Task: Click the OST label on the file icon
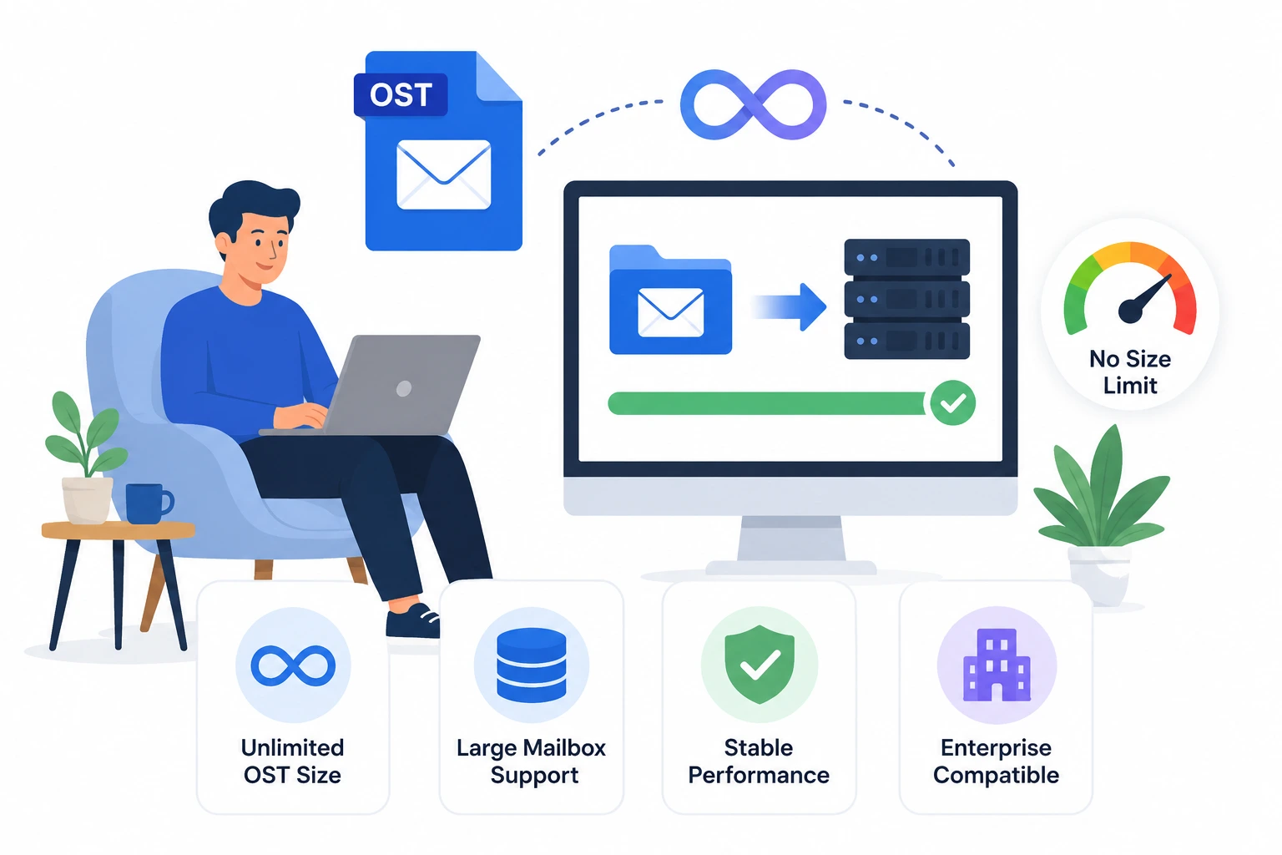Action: tap(401, 95)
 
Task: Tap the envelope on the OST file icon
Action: tap(443, 175)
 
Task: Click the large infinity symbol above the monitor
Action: tap(753, 105)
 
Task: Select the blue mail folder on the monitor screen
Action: tap(670, 300)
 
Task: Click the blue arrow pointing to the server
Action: tap(790, 306)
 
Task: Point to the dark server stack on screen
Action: tap(907, 299)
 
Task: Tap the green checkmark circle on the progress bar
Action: tap(953, 402)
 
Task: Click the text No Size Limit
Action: tap(1130, 372)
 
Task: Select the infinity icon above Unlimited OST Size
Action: tap(293, 666)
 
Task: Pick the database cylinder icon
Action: tap(532, 665)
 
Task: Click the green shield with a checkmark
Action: tap(760, 665)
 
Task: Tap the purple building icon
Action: tap(997, 665)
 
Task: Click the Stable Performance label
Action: tap(759, 761)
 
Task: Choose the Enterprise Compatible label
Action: tap(997, 761)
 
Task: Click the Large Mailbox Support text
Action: tap(532, 761)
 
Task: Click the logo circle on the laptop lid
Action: tap(404, 388)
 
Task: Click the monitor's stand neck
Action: tap(791, 539)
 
